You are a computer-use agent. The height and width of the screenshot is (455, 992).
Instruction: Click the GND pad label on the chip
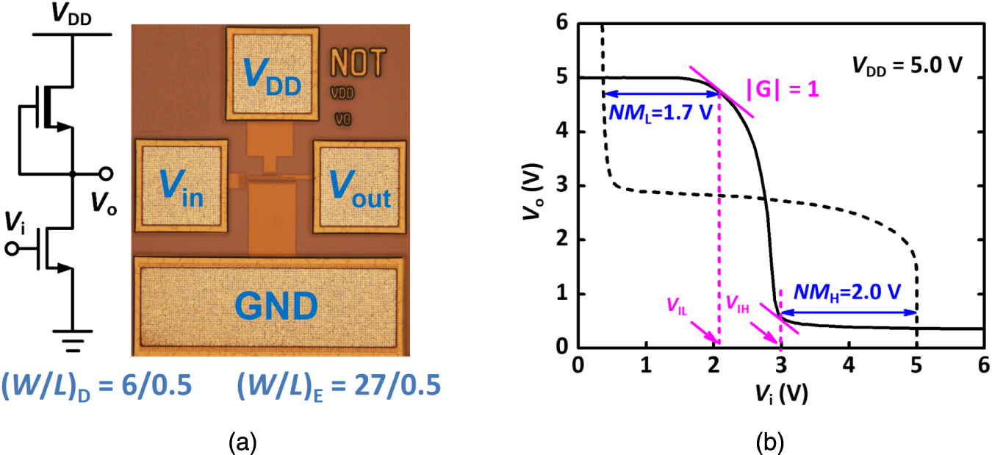269,304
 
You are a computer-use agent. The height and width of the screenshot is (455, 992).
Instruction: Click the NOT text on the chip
357,63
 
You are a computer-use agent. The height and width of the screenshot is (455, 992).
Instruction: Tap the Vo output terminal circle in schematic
107,174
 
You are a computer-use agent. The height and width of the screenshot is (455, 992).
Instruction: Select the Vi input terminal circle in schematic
11,249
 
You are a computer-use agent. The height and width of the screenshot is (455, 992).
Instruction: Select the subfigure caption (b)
772,443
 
